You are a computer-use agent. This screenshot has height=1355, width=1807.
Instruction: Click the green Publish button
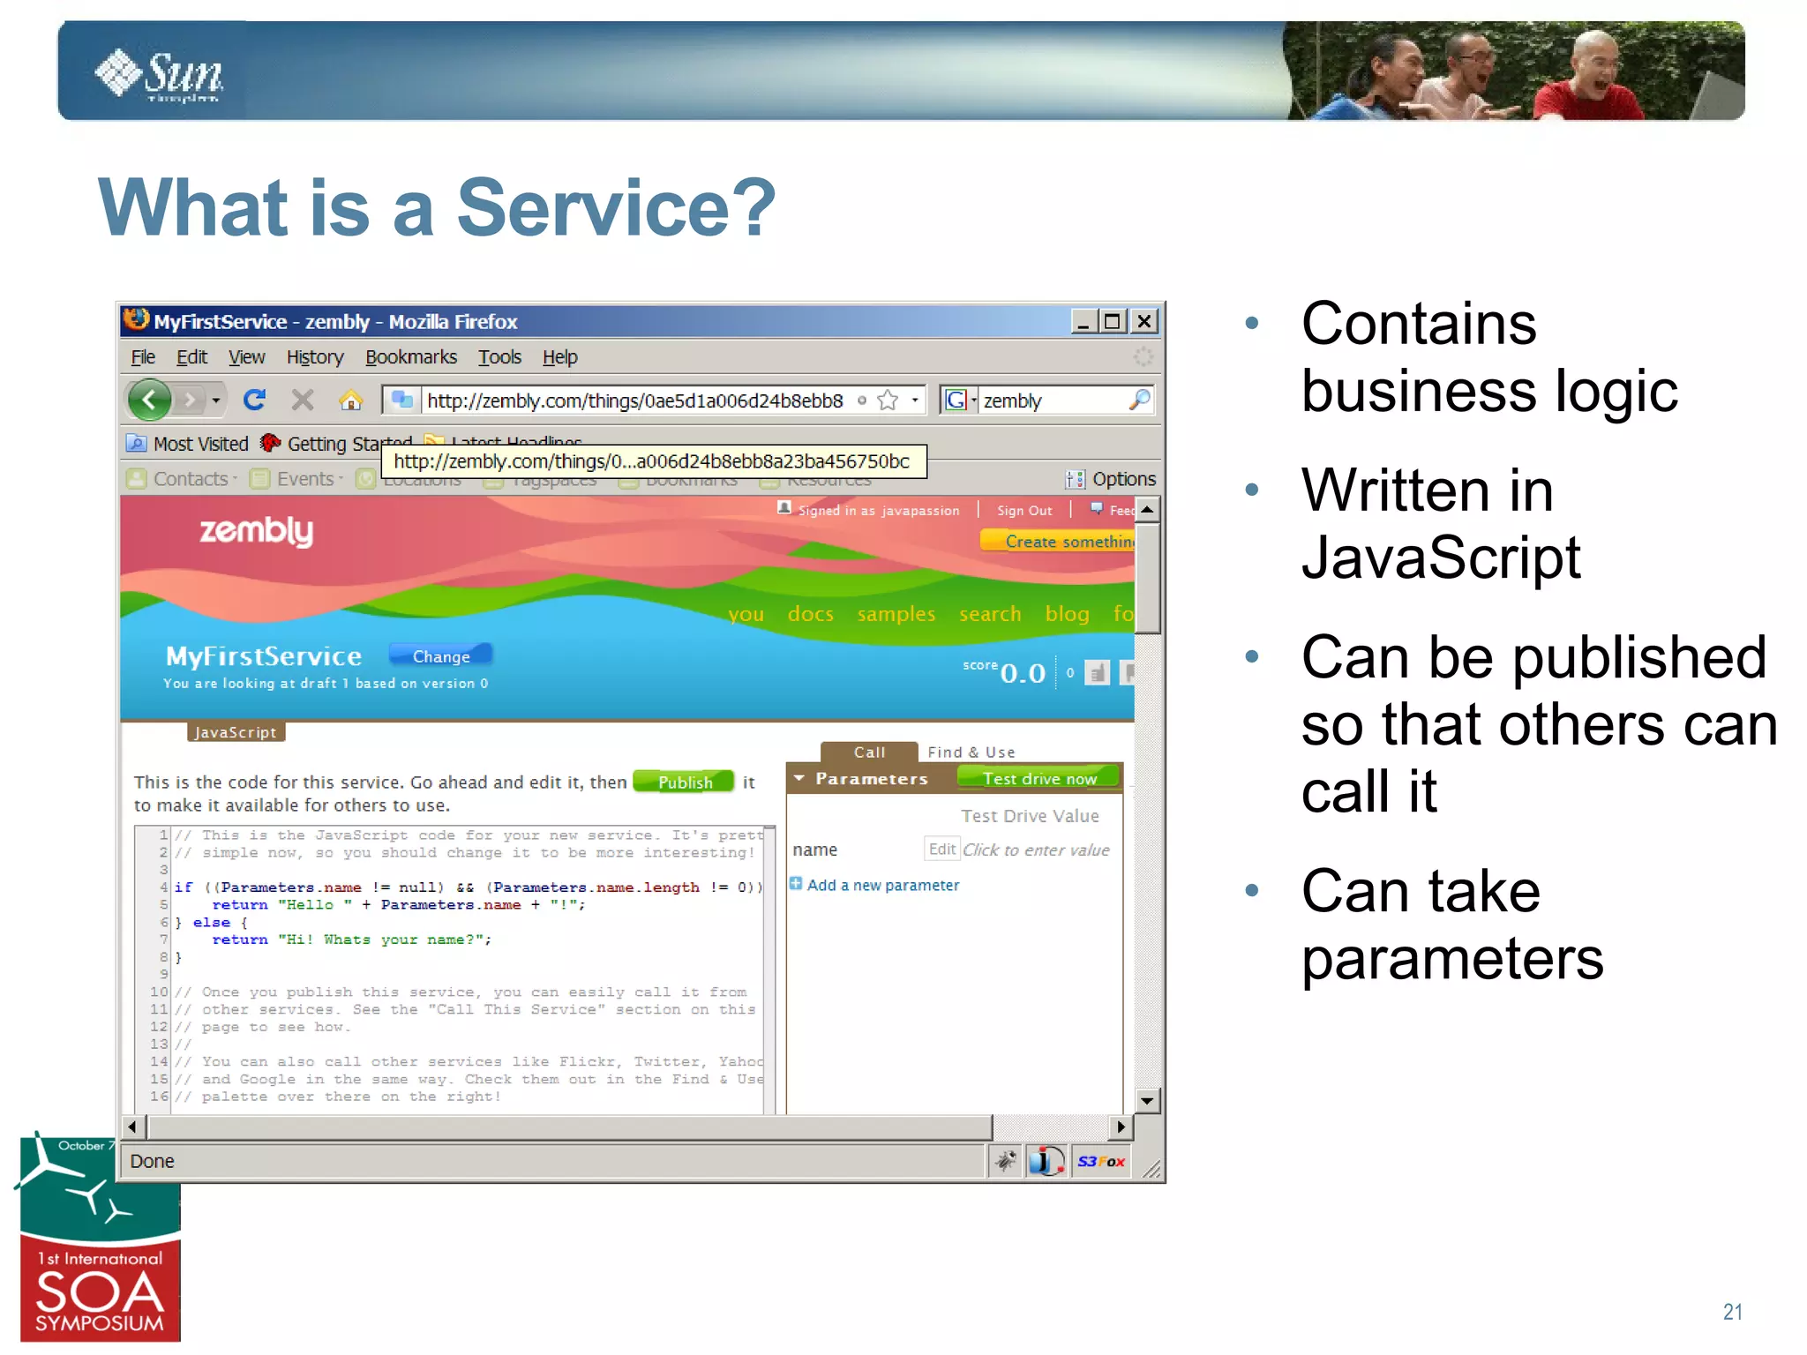pyautogui.click(x=684, y=782)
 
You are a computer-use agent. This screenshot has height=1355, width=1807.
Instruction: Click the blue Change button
pyautogui.click(x=440, y=656)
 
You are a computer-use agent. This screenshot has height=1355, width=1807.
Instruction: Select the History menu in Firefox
pyautogui.click(x=314, y=357)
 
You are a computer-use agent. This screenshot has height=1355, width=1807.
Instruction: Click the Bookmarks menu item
pyautogui.click(x=410, y=357)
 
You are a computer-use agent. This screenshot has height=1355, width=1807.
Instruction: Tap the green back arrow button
pyautogui.click(x=149, y=401)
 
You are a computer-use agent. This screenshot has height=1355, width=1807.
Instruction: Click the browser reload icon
pyautogui.click(x=254, y=401)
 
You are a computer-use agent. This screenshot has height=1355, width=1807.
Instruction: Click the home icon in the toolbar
pyautogui.click(x=350, y=401)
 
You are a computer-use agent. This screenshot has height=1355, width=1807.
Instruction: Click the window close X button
pyautogui.click(x=1144, y=321)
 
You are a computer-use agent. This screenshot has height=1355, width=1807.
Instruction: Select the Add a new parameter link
pyautogui.click(x=881, y=885)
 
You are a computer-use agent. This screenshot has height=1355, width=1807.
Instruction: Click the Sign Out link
pyautogui.click(x=1023, y=511)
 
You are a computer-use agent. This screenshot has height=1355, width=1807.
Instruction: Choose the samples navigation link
pyautogui.click(x=896, y=614)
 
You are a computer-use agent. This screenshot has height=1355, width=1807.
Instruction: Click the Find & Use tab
pyautogui.click(x=971, y=752)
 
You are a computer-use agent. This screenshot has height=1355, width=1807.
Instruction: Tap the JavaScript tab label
pyautogui.click(x=236, y=732)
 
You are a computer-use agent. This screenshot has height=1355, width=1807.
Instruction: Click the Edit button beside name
pyautogui.click(x=941, y=849)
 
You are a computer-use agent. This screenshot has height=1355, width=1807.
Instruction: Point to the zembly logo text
pyautogui.click(x=256, y=531)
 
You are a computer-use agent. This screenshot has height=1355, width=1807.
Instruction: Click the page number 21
pyautogui.click(x=1732, y=1312)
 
